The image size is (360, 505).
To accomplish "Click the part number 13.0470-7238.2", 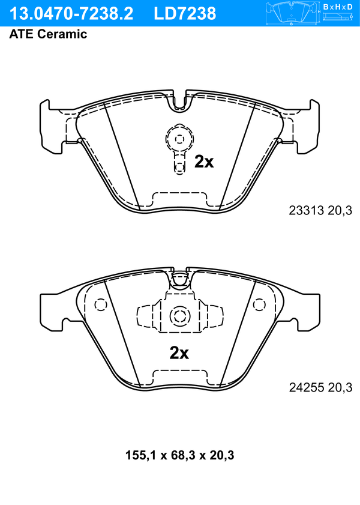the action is pos(71,14).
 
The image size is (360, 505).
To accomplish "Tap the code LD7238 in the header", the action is pos(185,14).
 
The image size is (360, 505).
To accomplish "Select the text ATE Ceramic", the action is pos(48,34).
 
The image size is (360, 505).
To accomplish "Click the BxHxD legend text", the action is pos(338,7).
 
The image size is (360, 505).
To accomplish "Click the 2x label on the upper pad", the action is pos(204,162).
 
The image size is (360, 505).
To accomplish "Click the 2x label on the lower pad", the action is pos(179,353).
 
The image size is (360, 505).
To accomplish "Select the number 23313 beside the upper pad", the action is pos(306,210).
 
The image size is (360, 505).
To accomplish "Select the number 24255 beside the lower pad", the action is pos(306,387).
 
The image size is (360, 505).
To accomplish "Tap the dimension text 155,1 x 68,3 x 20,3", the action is pos(179,455).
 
